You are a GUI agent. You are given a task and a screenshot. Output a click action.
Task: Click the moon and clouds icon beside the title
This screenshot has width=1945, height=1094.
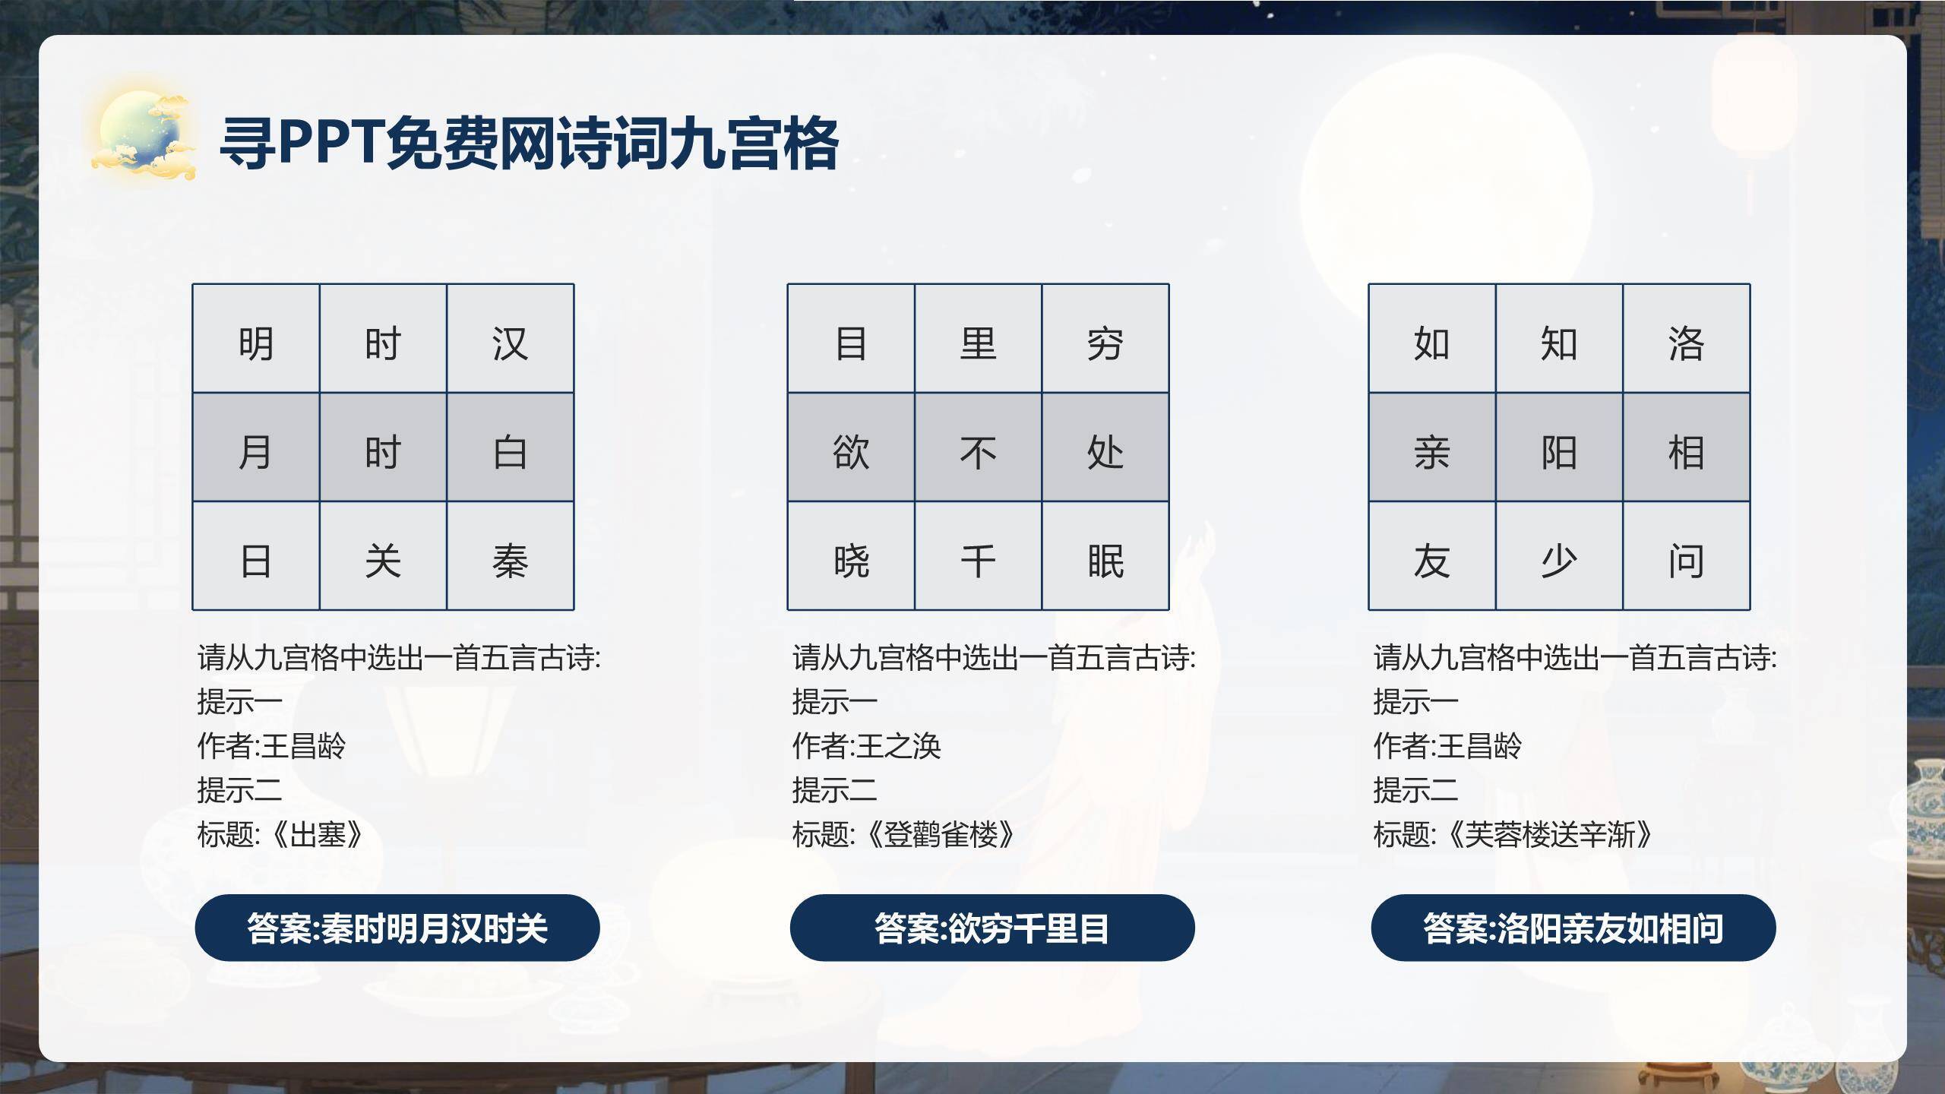143,135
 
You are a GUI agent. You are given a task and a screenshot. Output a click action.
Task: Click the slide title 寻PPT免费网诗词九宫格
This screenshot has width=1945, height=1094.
529,143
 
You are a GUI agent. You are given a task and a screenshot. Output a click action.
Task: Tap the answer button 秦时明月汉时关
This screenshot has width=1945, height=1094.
397,928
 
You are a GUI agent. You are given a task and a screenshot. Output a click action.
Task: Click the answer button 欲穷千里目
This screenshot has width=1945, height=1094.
992,928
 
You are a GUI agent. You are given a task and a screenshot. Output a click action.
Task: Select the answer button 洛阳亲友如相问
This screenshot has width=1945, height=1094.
1573,928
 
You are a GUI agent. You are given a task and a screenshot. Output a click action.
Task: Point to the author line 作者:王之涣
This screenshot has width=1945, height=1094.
866,746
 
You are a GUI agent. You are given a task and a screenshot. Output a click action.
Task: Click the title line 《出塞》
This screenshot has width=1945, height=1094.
280,834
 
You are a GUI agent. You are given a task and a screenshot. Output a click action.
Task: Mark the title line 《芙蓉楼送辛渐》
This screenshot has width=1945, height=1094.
1513,834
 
